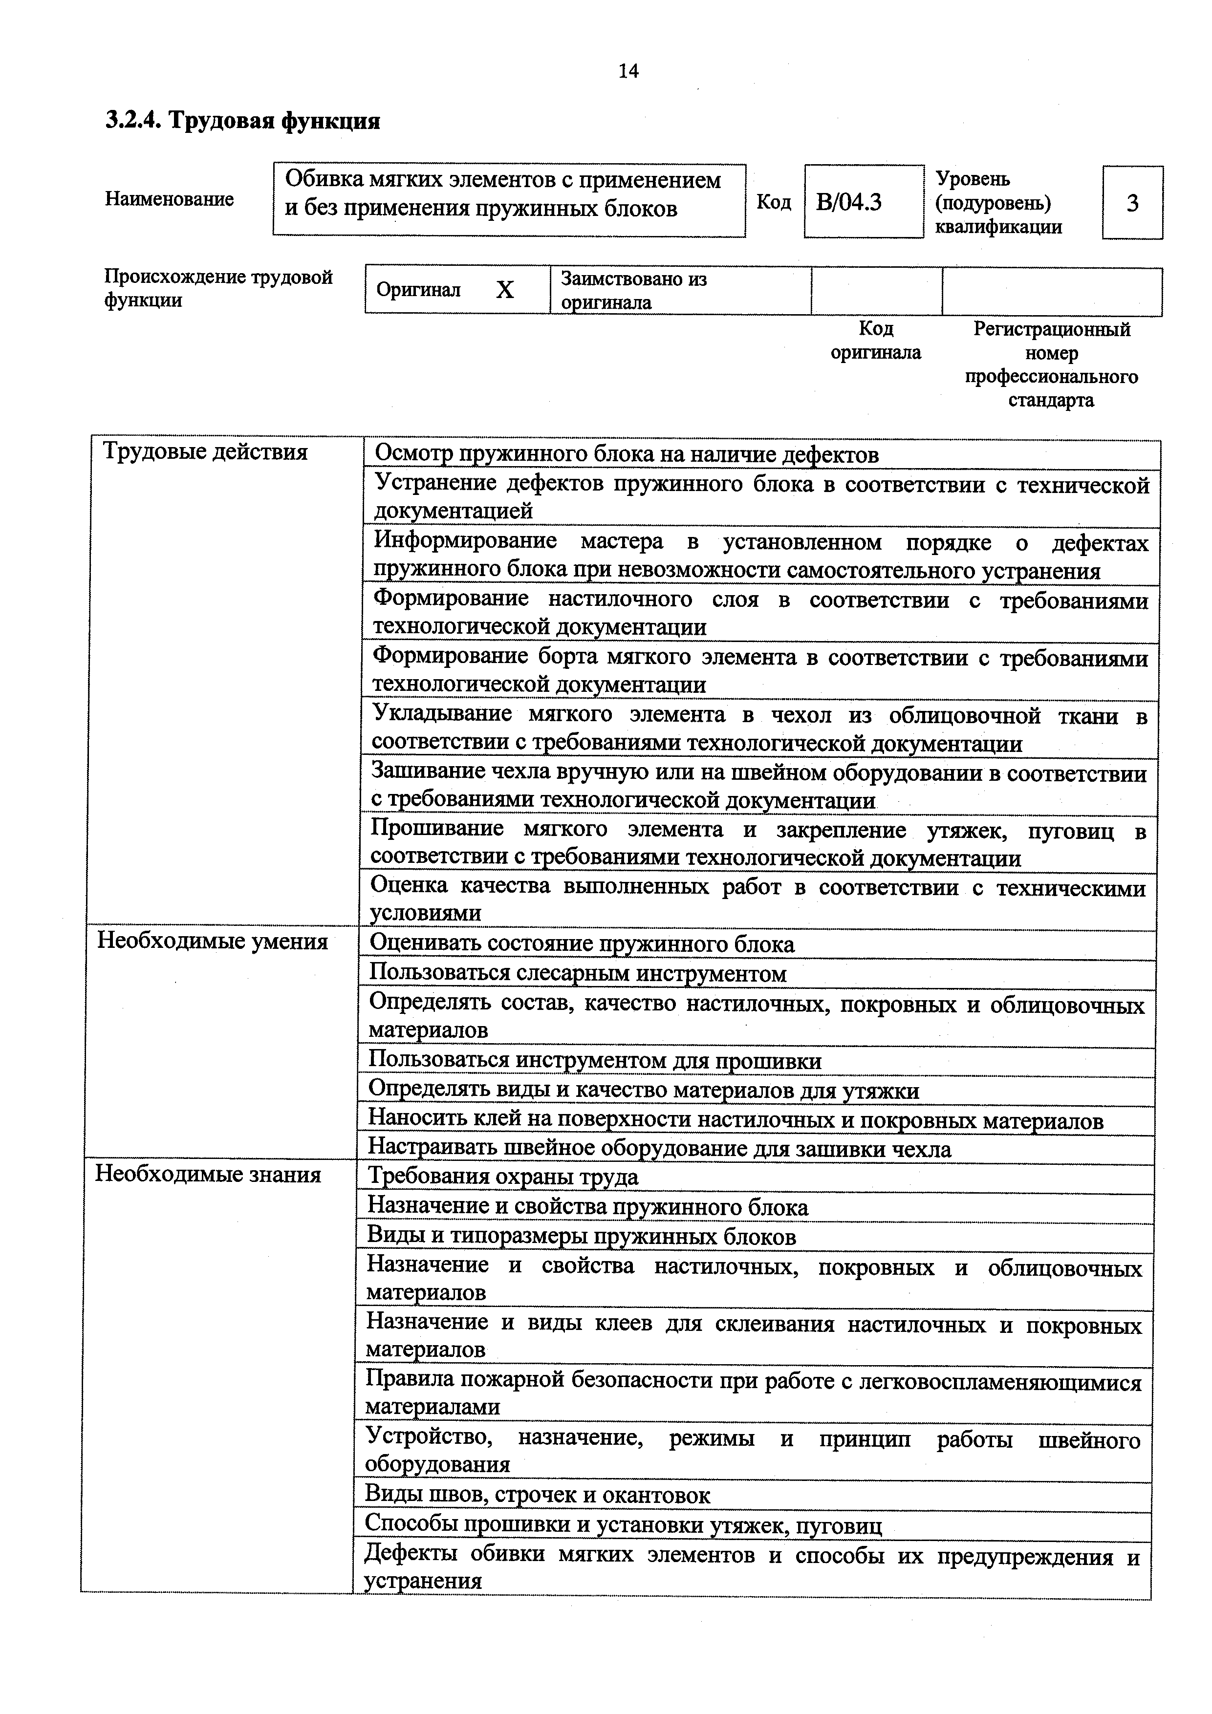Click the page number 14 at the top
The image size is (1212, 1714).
tap(628, 71)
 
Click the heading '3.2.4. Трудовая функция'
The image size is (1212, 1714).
tap(243, 120)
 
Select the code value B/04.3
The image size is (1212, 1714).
tap(848, 202)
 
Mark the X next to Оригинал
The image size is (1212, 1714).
tap(505, 290)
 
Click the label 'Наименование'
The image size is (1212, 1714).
tap(170, 199)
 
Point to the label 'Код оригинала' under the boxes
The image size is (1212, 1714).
tap(875, 341)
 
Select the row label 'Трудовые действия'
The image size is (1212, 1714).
tap(205, 451)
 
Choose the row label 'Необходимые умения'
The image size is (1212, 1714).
tap(213, 942)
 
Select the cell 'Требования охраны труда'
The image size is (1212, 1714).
tap(502, 1177)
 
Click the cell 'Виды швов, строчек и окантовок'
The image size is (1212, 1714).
tap(537, 1495)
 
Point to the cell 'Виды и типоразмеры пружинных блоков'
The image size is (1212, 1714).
tap(581, 1237)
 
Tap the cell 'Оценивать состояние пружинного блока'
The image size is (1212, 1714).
tap(582, 944)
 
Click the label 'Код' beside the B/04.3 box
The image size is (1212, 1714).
tap(774, 202)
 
